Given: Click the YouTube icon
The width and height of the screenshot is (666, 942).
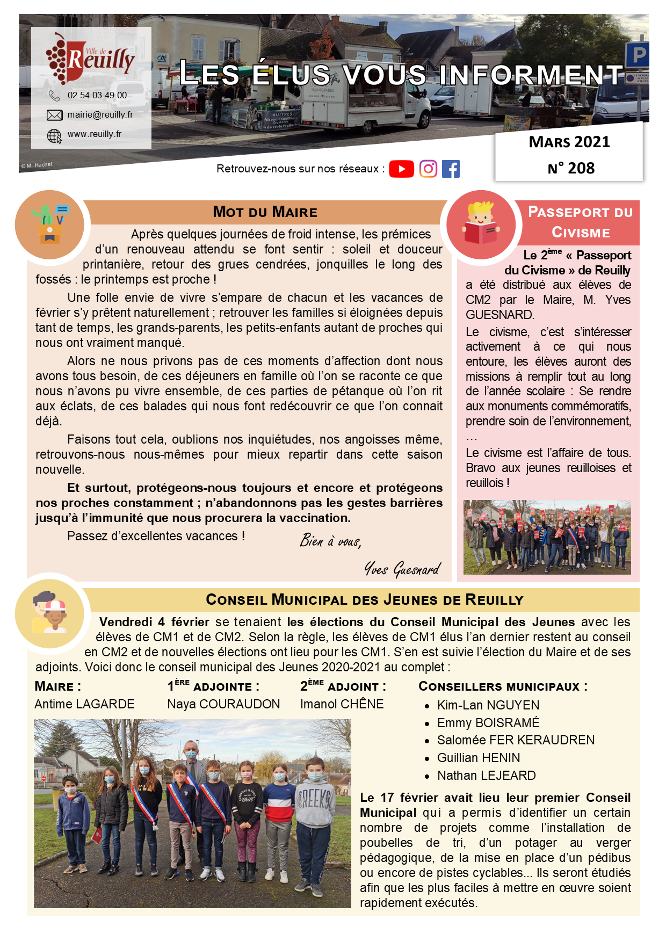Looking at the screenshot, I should (401, 169).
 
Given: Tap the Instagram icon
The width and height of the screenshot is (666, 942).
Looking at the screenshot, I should (428, 169).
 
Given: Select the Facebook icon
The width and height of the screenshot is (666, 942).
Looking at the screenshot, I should (451, 169).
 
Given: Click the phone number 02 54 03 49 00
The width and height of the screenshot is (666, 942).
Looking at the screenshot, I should (97, 95).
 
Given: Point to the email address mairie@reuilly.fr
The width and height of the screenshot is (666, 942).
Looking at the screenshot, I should (100, 114).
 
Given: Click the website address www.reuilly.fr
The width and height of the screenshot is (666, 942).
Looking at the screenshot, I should (95, 134).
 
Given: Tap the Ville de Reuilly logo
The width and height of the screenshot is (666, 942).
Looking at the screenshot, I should (90, 58).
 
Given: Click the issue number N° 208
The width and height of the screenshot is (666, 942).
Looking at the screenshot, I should (571, 168).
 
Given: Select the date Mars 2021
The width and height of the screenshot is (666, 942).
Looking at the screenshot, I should (569, 142).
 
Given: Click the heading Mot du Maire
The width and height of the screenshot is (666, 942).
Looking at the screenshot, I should (265, 212).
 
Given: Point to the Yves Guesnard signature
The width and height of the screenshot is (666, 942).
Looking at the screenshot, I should (403, 569).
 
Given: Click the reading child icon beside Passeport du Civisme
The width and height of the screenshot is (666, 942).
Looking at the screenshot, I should (481, 225).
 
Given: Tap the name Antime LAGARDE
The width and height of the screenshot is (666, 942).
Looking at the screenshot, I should (84, 704).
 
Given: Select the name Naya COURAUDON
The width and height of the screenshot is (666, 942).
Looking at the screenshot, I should (223, 704).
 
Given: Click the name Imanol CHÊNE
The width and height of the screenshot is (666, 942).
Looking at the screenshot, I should (342, 704).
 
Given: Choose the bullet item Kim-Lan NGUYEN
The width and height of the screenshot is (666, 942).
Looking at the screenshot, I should (488, 705).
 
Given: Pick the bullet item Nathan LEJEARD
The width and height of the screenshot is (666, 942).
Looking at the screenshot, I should (486, 776).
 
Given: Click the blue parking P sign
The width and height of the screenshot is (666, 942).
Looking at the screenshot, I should (638, 55).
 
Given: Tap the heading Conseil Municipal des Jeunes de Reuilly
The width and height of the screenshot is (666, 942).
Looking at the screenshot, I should (364, 600).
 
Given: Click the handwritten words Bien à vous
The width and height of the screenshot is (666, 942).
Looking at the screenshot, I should (330, 541).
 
